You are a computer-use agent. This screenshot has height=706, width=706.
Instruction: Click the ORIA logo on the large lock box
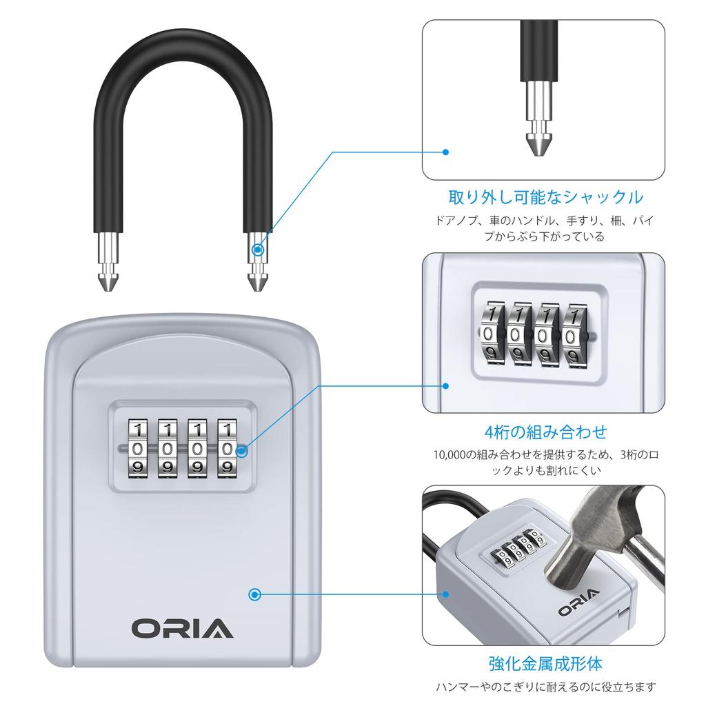click(183, 628)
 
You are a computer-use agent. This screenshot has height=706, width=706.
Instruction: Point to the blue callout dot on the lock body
click(256, 593)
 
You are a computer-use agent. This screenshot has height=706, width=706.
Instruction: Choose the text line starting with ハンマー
click(545, 687)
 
